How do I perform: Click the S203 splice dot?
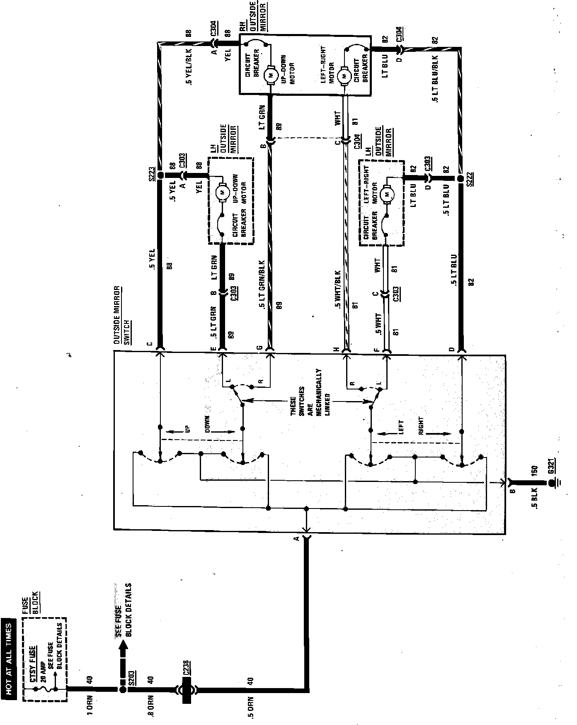point(123,689)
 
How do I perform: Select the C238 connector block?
point(186,689)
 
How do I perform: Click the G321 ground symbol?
point(552,483)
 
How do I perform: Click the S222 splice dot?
point(461,179)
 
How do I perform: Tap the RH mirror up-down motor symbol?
point(272,75)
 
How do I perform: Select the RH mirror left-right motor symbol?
point(344,76)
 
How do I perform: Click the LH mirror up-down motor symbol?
point(223,192)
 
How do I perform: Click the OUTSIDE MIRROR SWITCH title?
point(121,315)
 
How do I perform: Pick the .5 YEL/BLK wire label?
point(189,71)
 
